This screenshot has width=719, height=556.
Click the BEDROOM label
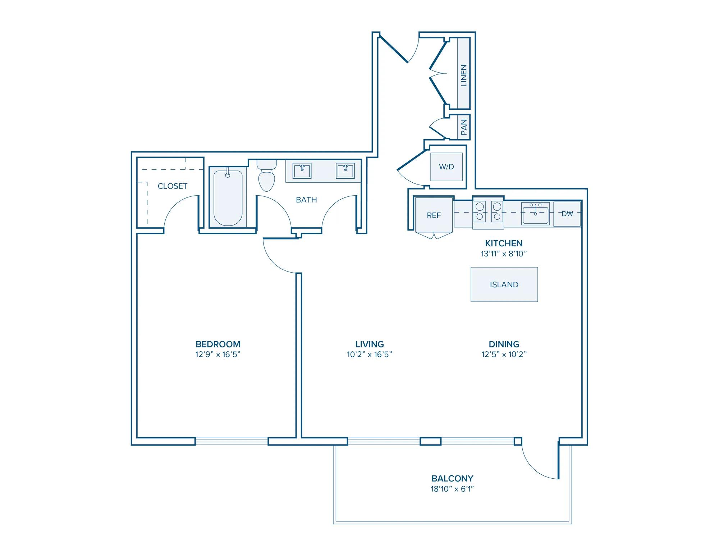[218, 344]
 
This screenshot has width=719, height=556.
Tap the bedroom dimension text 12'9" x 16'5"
[218, 355]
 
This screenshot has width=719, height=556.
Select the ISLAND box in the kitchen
[504, 284]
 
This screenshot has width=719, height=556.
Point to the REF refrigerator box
[434, 215]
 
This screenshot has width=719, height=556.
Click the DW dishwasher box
[567, 214]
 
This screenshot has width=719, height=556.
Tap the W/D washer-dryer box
[446, 167]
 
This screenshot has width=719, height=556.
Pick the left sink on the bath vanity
[302, 170]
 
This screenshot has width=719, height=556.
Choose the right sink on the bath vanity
[345, 170]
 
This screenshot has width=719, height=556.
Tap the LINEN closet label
[464, 76]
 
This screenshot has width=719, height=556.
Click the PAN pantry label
[464, 127]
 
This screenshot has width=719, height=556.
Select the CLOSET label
[173, 186]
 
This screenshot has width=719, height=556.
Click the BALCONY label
[452, 479]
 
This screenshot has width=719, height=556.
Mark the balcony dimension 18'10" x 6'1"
[452, 489]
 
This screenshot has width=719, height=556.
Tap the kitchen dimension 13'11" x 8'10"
[504, 254]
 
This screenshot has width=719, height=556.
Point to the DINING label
[504, 344]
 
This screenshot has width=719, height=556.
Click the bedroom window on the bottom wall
[232, 441]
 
